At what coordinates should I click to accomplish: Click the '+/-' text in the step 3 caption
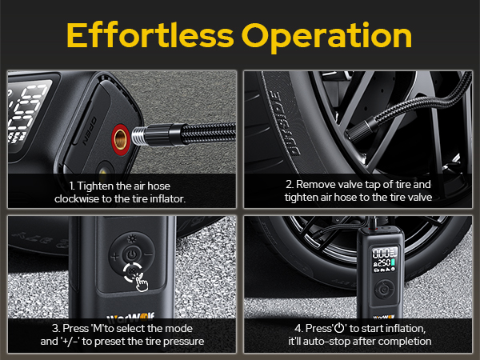[x=99, y=342]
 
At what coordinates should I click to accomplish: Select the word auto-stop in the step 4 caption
[x=330, y=342]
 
